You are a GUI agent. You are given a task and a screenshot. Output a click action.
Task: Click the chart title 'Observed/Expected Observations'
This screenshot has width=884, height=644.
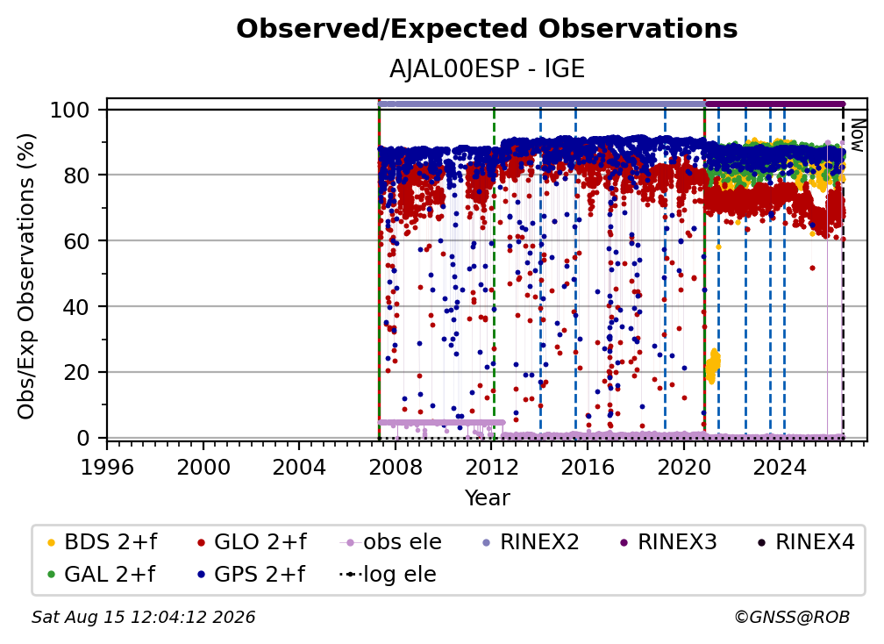click(487, 29)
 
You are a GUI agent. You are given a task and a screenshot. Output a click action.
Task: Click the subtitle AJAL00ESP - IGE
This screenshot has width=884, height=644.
click(487, 69)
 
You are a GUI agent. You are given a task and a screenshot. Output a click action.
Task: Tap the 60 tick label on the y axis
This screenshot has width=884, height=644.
click(76, 241)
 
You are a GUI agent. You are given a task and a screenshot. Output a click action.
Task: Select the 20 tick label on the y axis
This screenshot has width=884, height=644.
click(76, 373)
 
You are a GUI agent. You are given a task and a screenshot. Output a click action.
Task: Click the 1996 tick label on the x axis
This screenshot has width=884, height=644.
click(107, 468)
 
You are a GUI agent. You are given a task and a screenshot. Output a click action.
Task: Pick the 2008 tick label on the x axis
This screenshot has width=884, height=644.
click(396, 468)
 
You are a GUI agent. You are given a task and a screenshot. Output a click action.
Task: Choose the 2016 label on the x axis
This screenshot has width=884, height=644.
click(588, 468)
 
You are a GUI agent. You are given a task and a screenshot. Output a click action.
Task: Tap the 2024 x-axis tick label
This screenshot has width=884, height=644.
click(780, 468)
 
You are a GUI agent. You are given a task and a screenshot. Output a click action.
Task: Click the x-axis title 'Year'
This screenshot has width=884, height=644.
click(487, 498)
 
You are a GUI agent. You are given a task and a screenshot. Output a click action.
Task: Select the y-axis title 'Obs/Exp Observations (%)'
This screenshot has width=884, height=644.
click(26, 276)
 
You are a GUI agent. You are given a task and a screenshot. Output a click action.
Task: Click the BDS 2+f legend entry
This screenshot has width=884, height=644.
click(102, 542)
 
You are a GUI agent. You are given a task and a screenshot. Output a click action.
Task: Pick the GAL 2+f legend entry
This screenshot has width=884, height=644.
click(101, 575)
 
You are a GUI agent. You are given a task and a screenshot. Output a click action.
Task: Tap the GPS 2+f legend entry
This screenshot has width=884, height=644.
click(251, 575)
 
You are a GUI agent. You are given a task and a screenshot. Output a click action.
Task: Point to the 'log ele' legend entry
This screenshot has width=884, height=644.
click(388, 575)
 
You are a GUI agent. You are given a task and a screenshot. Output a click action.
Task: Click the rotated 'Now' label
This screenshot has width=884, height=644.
click(857, 135)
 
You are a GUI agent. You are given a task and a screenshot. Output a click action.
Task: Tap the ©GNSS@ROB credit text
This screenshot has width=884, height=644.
click(792, 618)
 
